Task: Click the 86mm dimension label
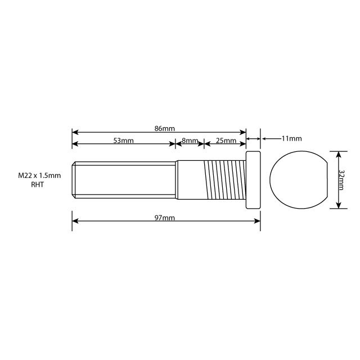[x=164, y=129]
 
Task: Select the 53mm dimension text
[x=123, y=141]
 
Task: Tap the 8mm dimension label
[x=190, y=141]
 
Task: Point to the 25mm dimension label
[x=226, y=141]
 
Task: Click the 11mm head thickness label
[x=291, y=138]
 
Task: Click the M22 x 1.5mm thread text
[x=39, y=176]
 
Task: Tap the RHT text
[x=38, y=184]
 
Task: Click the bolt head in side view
[x=253, y=179]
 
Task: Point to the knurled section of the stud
[x=224, y=179]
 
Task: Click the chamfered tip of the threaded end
[x=74, y=179]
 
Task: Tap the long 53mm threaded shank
[x=124, y=179]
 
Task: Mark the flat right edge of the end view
[x=327, y=179]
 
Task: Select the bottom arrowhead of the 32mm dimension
[x=337, y=205]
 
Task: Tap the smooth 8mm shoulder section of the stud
[x=190, y=179]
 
